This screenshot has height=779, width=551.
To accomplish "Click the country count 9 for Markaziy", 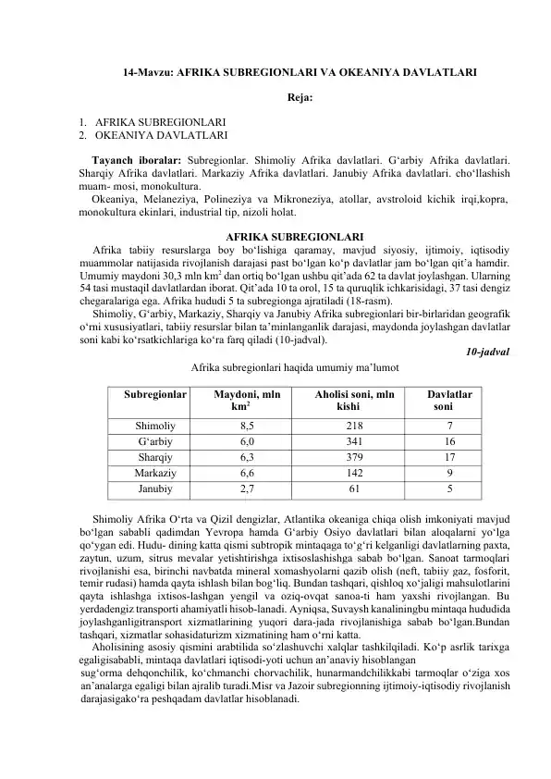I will (449, 472).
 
